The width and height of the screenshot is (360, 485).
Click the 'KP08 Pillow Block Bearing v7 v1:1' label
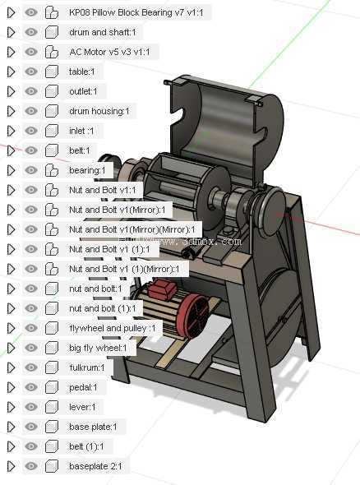tap(136, 12)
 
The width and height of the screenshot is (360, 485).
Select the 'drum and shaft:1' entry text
tap(103, 33)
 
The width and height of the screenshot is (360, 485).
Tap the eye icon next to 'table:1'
tap(31, 72)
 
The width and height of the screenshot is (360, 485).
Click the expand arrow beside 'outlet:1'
tap(12, 91)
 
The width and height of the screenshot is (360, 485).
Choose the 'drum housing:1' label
tap(99, 111)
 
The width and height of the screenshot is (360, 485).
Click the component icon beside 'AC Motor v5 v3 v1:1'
tap(51, 52)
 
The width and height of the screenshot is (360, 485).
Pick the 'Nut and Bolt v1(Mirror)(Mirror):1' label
tap(132, 230)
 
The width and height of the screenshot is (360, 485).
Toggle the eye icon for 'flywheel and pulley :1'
tap(31, 328)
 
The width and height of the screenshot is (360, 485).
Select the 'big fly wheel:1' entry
tap(98, 349)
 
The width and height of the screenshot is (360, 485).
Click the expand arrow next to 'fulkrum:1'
tap(12, 367)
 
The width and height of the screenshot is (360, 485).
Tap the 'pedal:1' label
tap(83, 387)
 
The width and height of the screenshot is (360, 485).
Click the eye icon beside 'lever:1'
tap(31, 407)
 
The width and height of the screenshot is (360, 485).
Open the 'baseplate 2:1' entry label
tap(95, 466)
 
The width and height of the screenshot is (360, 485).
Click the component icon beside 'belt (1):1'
tap(51, 446)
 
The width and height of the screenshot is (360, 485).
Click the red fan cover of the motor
tap(192, 316)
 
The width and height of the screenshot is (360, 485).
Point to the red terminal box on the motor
tap(162, 290)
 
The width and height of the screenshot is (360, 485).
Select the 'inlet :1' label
tap(81, 132)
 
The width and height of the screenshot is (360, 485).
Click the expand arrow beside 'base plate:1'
tap(12, 427)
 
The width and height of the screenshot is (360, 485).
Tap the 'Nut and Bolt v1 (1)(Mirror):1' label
tap(124, 270)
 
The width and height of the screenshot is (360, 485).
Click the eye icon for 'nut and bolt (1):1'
tap(31, 308)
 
